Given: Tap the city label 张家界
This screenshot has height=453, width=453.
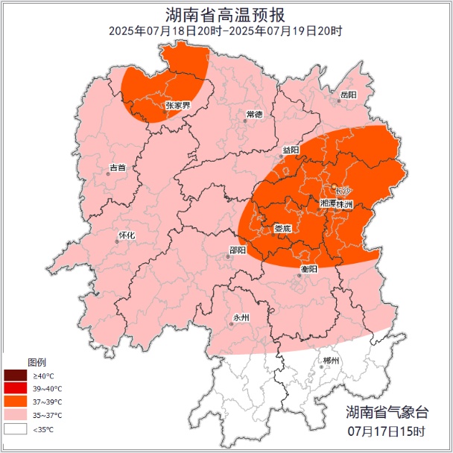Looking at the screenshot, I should click(177, 106).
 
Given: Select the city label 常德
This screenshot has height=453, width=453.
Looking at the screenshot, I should click(254, 115).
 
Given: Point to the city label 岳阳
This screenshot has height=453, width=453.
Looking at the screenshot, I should click(348, 95).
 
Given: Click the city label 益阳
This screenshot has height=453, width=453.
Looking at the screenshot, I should click(291, 150).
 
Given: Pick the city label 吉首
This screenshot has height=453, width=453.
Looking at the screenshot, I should click(117, 168).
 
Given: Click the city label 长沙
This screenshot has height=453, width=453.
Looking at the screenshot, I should click(342, 191).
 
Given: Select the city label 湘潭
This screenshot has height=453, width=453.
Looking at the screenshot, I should click(327, 203).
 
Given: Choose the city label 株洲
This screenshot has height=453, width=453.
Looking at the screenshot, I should click(343, 203).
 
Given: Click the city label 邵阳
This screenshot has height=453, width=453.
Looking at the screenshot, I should click(238, 251).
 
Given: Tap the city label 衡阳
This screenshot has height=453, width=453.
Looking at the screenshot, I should click(308, 268).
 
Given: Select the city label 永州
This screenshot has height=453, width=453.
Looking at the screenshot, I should click(241, 317).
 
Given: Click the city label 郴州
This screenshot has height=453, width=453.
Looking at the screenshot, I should click(331, 361).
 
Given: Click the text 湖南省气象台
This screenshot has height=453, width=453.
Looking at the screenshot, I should click(387, 412).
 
